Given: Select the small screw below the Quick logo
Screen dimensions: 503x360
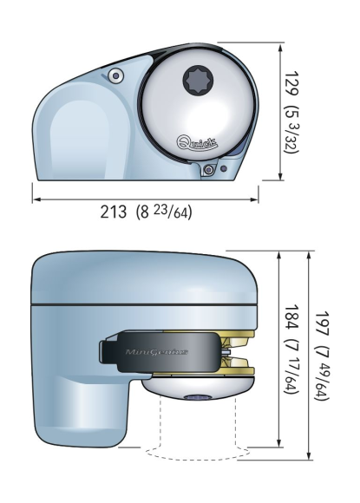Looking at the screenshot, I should [209, 170].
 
